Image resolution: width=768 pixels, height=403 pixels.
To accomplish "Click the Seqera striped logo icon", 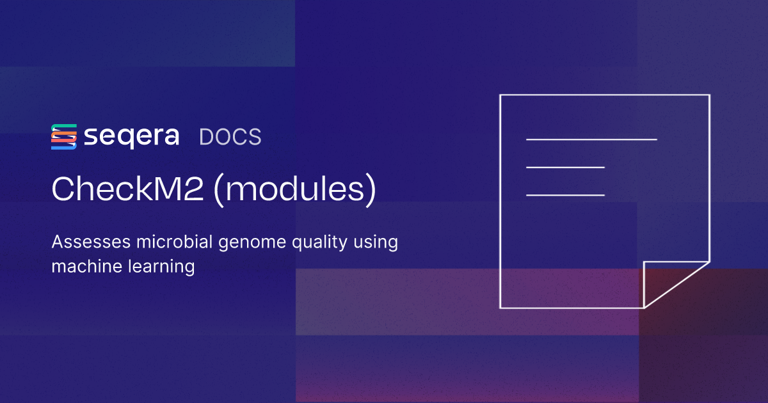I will (x=64, y=137).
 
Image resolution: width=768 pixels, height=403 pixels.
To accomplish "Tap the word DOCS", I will (x=230, y=137).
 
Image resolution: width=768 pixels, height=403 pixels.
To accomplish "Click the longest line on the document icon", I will (x=591, y=139).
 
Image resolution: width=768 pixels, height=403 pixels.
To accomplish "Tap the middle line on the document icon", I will (x=565, y=167).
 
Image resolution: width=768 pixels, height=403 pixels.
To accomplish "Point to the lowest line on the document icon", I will (x=565, y=194).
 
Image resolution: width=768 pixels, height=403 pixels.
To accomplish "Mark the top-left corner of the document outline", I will (x=500, y=95).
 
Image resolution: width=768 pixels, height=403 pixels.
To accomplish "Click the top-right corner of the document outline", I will (x=709, y=95).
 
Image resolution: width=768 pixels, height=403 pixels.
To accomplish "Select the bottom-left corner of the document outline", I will (x=500, y=308).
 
